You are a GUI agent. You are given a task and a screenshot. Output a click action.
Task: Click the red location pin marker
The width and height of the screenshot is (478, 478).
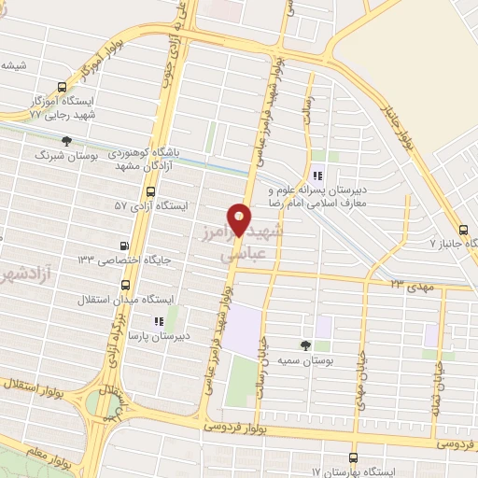[240, 220]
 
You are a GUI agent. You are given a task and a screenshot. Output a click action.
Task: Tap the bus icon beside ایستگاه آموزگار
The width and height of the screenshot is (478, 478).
[62, 85]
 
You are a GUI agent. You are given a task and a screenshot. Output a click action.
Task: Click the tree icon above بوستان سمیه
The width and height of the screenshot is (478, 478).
[306, 344]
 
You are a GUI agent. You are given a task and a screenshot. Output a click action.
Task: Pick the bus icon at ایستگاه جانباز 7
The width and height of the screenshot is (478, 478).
[464, 231]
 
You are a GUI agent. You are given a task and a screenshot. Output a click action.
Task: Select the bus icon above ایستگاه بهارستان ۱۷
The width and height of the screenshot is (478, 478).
[352, 457]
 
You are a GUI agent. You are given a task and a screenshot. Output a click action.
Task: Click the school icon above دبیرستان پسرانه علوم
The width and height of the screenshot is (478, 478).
[316, 173]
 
